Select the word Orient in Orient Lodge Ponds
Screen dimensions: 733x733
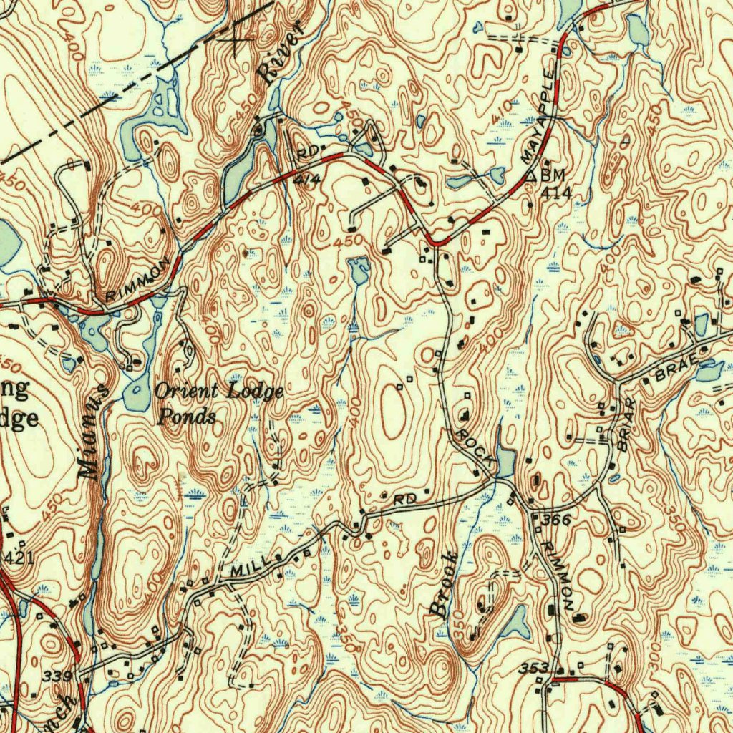pos(187,391)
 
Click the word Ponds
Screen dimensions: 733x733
pos(186,416)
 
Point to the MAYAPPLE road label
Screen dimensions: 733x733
pos(539,116)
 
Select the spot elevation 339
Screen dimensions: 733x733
pos(57,676)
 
